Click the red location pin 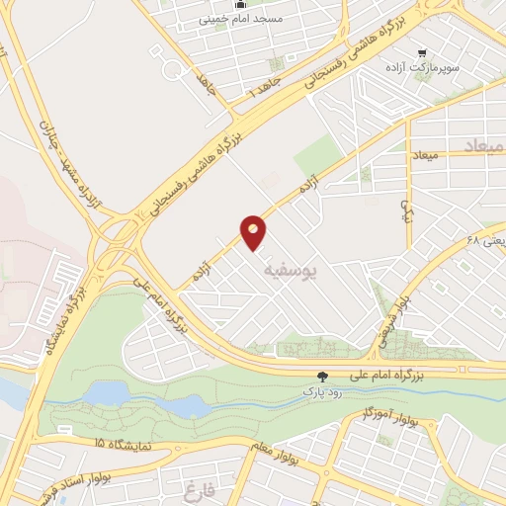click(253, 230)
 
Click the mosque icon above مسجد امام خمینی click(237, 4)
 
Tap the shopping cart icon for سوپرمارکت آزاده click(423, 52)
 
